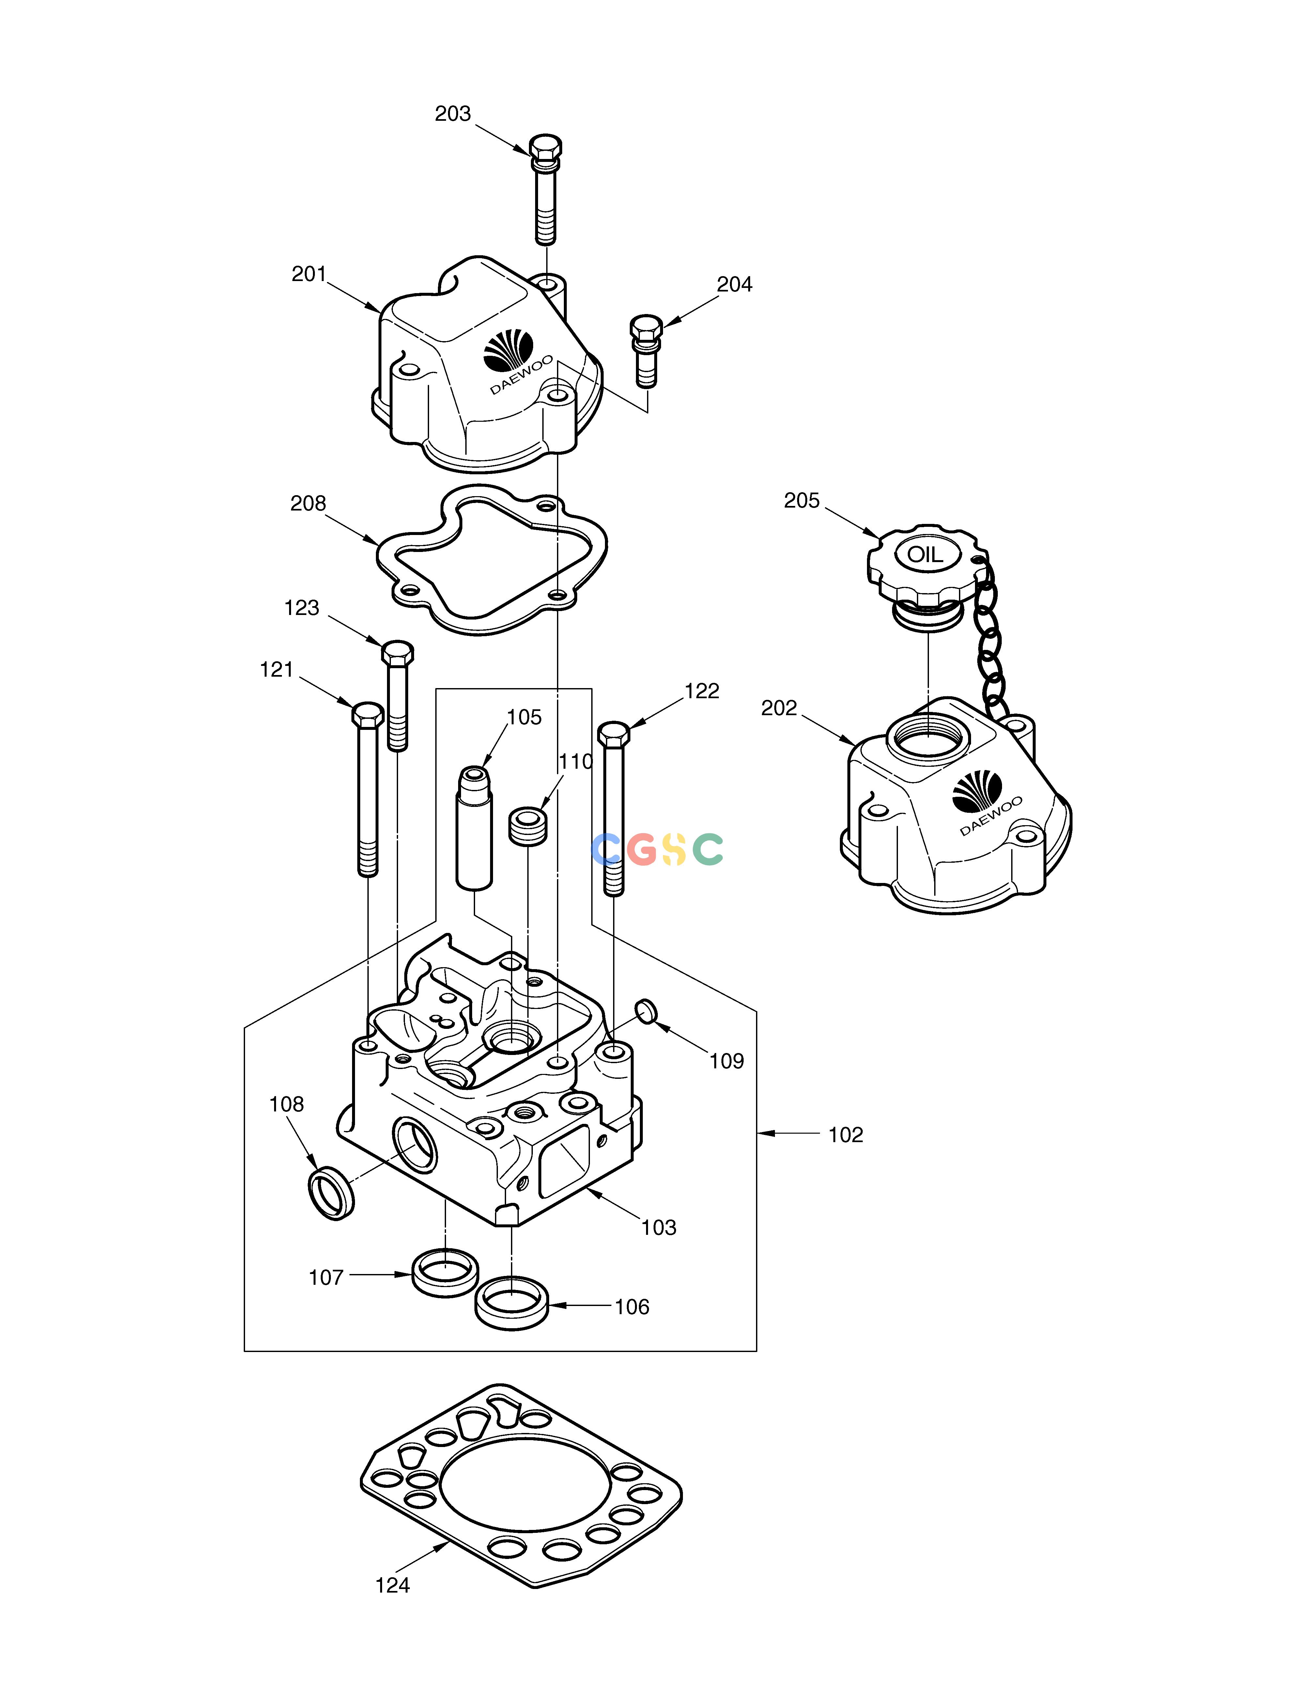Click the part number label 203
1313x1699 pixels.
[453, 114]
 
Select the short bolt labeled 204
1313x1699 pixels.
[646, 350]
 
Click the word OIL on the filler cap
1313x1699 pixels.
[925, 555]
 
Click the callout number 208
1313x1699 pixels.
[308, 504]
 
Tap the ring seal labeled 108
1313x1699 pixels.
[332, 1193]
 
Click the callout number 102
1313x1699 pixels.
[845, 1135]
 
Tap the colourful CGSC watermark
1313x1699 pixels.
[657, 849]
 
